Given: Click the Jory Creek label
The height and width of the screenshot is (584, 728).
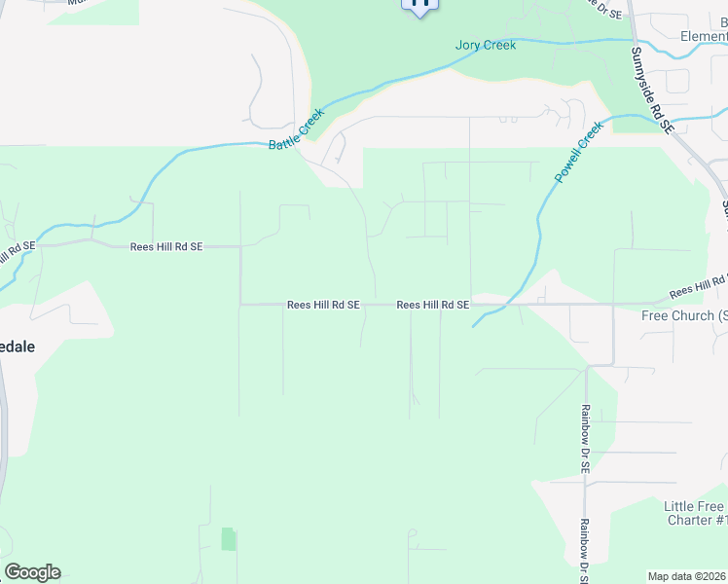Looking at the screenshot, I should pyautogui.click(x=485, y=45).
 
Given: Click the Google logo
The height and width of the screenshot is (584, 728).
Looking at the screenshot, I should pyautogui.click(x=32, y=572).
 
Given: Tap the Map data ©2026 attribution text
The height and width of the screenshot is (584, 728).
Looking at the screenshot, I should pyautogui.click(x=687, y=576).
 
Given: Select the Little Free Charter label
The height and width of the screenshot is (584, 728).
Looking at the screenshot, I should pyautogui.click(x=695, y=513).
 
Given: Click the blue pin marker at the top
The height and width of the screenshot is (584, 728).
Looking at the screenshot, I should pyautogui.click(x=420, y=5).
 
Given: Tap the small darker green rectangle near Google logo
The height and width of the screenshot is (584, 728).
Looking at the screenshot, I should pyautogui.click(x=229, y=538).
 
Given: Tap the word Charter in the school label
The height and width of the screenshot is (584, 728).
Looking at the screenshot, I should pyautogui.click(x=691, y=520).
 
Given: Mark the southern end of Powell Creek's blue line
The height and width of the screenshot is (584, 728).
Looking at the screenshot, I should pyautogui.click(x=474, y=325).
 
